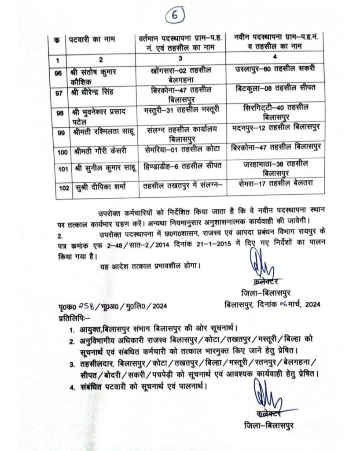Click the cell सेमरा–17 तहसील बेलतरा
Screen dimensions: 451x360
(278, 182)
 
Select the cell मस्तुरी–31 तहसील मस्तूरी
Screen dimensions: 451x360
(181, 109)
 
